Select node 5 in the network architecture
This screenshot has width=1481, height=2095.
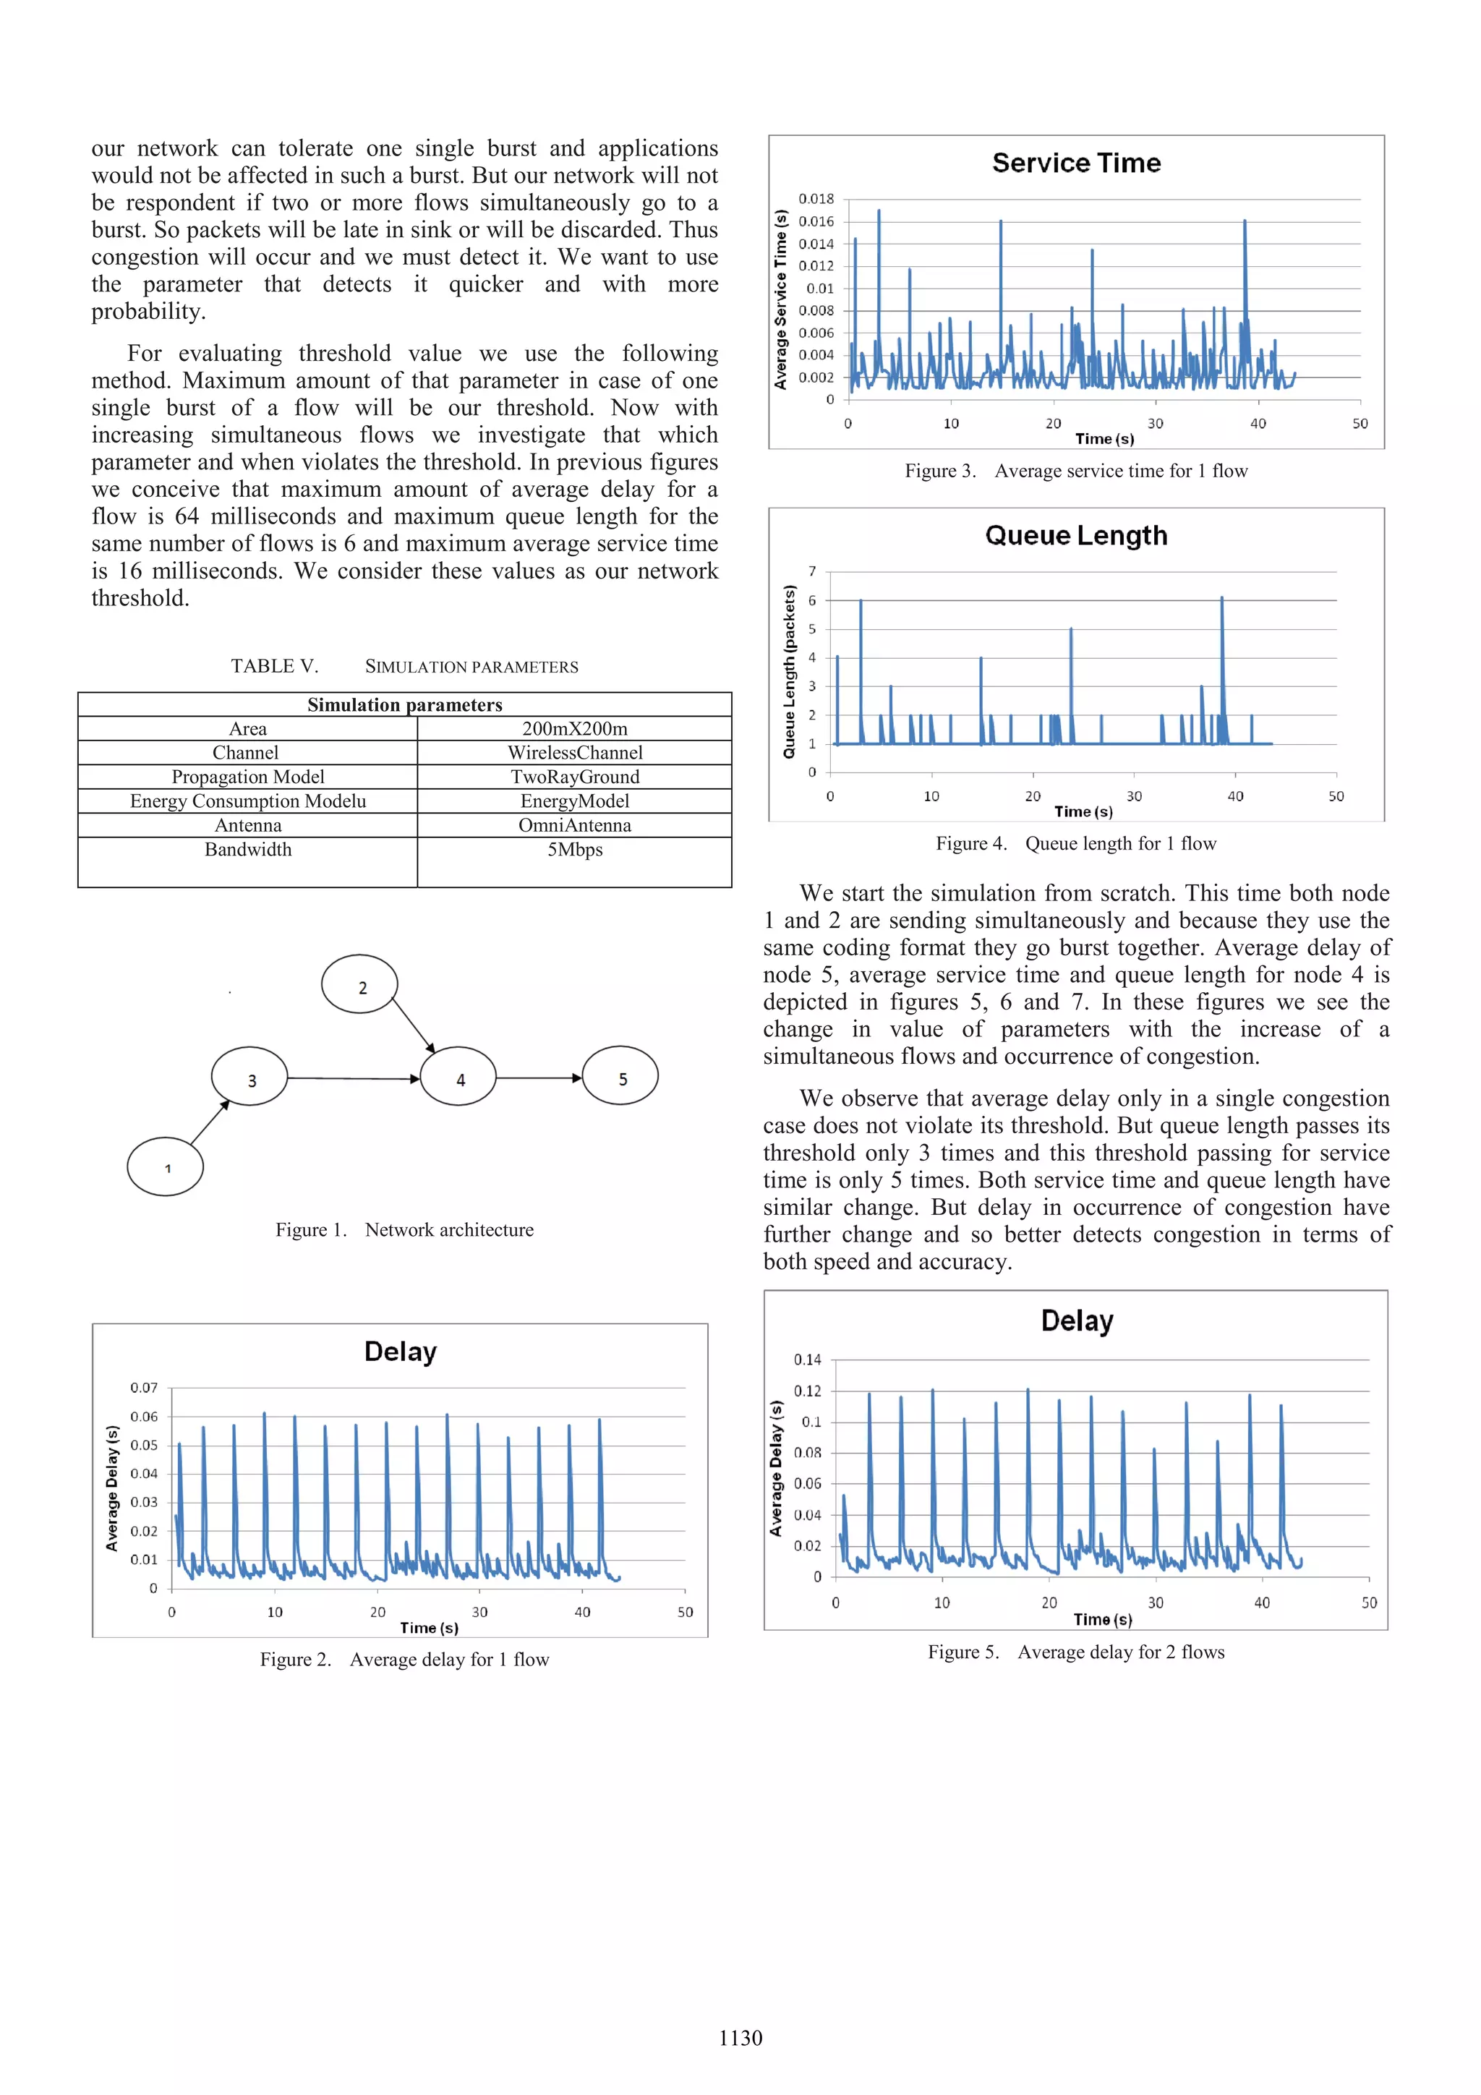(620, 1077)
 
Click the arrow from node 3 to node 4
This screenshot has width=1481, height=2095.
(354, 1078)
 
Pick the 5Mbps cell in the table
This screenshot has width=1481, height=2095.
(575, 850)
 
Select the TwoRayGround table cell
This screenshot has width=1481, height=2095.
(575, 777)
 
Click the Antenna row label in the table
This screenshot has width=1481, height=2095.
(248, 825)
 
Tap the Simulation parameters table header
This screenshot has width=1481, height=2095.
(404, 704)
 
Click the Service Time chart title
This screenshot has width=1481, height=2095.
(1076, 163)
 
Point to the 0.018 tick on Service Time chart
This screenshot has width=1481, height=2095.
(816, 199)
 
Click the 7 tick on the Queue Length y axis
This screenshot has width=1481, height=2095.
(812, 571)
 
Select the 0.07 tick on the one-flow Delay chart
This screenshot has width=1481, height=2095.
(143, 1388)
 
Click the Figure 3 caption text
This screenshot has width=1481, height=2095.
(1076, 471)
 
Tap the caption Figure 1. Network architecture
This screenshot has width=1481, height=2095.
(404, 1230)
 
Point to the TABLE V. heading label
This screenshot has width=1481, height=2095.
(274, 666)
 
